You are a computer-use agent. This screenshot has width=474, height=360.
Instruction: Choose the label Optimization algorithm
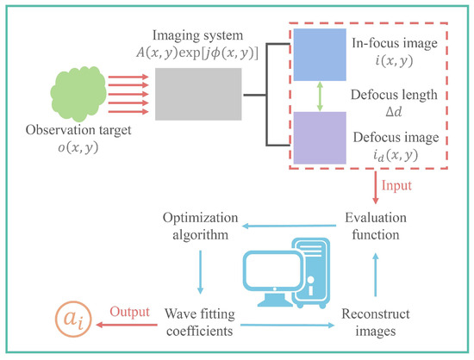(201, 227)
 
